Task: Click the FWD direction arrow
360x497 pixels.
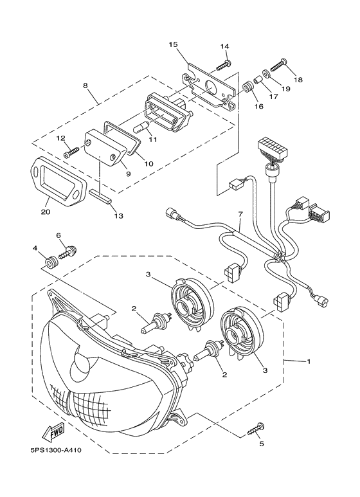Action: [53, 431]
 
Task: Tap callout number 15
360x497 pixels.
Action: [174, 44]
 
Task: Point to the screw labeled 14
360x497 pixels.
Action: [224, 65]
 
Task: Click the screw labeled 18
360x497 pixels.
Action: [279, 66]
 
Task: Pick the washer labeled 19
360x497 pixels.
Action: [265, 73]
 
